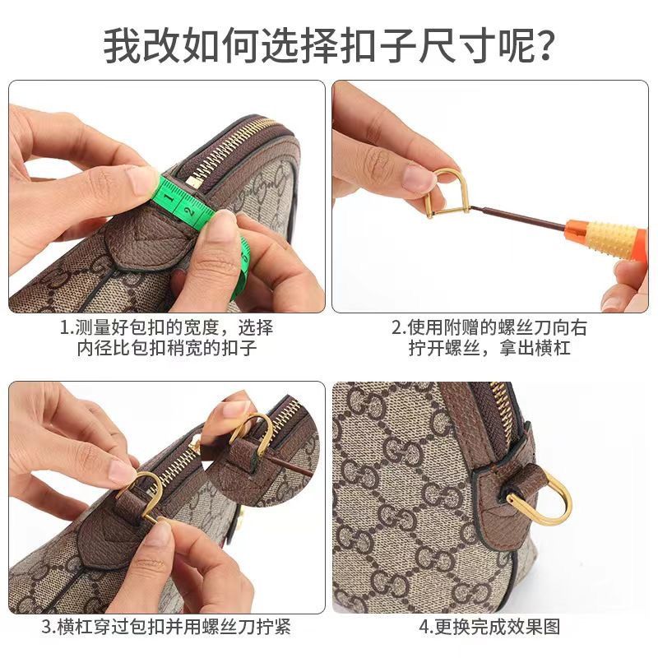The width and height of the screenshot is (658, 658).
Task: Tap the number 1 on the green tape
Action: tap(169, 197)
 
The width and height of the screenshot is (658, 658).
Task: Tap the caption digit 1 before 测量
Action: tap(65, 327)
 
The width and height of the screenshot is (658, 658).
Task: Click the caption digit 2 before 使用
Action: tap(396, 327)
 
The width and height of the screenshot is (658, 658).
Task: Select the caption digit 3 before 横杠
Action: tap(47, 628)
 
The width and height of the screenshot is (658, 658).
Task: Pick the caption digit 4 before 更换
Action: tap(424, 628)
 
